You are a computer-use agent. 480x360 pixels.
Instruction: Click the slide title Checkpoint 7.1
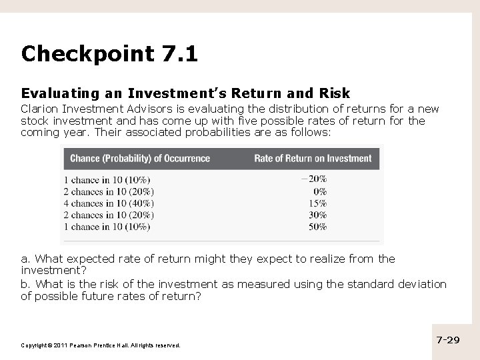(109, 53)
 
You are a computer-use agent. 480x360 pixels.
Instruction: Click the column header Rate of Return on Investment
(313, 159)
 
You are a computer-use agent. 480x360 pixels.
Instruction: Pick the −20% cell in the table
(313, 179)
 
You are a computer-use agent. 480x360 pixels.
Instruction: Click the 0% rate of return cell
(319, 191)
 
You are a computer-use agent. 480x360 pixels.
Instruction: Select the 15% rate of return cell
(317, 203)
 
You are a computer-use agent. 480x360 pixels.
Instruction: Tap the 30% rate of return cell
(317, 215)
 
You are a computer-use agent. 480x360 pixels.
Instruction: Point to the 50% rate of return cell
(317, 227)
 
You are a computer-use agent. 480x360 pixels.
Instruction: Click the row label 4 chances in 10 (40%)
(109, 203)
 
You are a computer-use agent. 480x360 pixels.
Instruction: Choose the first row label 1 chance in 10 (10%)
(107, 179)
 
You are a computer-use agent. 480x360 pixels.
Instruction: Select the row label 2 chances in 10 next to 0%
(109, 191)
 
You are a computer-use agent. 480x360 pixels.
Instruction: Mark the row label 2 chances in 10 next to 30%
(109, 215)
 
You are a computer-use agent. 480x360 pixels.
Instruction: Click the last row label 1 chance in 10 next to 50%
(107, 227)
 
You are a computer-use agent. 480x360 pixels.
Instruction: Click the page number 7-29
(448, 340)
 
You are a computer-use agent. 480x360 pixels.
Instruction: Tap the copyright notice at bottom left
(101, 345)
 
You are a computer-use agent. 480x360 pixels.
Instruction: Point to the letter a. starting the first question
(26, 259)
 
